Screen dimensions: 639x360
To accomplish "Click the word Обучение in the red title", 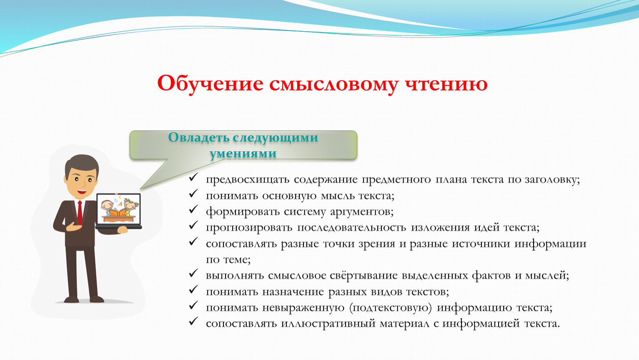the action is (x=210, y=84).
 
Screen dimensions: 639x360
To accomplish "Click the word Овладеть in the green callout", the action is (x=198, y=137).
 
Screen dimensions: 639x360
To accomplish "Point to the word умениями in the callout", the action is (x=243, y=154).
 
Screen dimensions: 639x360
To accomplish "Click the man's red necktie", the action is (x=80, y=213).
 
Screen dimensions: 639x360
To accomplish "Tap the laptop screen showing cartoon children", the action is (x=119, y=209).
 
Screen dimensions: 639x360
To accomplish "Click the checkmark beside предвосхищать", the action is (x=193, y=177).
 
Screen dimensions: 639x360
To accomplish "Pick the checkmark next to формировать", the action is (x=193, y=210).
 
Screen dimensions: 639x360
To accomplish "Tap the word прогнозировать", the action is (x=249, y=228).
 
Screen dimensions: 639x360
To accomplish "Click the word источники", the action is (x=481, y=244).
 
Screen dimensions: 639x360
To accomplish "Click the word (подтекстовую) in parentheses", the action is (x=391, y=308).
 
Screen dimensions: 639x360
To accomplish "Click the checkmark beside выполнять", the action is (x=193, y=273).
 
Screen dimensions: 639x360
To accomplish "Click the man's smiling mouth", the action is (x=82, y=192).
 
